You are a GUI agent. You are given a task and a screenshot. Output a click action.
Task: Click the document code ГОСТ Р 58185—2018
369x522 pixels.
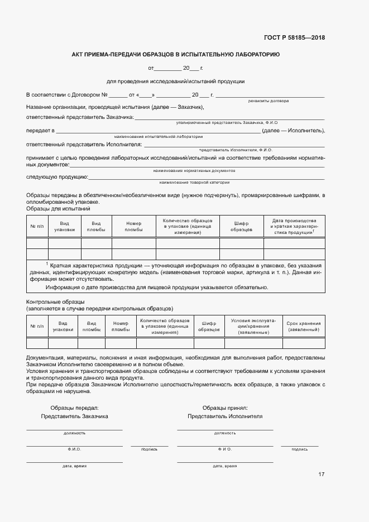point(294,38)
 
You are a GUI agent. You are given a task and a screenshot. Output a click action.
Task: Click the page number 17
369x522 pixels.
point(321,474)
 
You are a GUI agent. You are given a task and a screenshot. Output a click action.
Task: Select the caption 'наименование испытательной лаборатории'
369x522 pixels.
point(159,136)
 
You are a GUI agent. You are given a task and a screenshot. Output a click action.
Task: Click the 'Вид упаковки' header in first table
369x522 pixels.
point(64,226)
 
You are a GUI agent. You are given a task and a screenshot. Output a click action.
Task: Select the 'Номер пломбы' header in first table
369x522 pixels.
point(133,226)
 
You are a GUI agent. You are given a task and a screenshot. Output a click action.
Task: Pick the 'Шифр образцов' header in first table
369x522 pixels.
point(241,226)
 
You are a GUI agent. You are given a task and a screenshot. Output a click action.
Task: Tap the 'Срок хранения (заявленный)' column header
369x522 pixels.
point(303,327)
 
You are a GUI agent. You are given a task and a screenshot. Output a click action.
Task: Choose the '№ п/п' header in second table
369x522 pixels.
point(37,327)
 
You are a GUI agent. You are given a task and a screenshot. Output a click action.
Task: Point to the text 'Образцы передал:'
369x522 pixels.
point(74,408)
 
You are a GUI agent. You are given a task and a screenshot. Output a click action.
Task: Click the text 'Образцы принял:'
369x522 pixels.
point(225,408)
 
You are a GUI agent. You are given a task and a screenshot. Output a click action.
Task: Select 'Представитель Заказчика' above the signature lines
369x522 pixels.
point(74,416)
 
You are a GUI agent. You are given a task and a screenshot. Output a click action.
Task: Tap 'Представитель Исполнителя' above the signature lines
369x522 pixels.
point(225,416)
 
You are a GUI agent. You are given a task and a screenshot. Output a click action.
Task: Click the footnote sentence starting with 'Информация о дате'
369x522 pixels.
point(157,288)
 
